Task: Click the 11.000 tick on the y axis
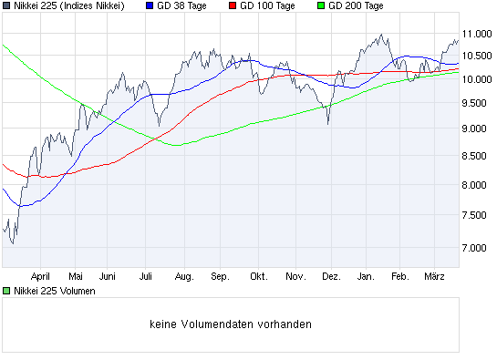(478, 34)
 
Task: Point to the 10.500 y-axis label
(478, 55)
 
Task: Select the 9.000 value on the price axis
(478, 129)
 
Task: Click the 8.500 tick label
(478, 158)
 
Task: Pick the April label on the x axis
(39, 274)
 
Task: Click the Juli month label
(146, 274)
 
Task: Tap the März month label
(433, 274)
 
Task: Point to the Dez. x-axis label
(332, 274)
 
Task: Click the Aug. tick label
(183, 274)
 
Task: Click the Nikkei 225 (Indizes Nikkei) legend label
(68, 6)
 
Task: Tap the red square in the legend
(233, 6)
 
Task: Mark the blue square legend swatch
(150, 6)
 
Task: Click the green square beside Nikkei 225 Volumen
(6, 291)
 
